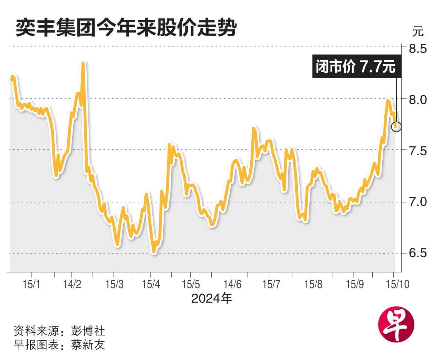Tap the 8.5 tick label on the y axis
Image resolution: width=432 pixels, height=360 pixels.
click(418, 49)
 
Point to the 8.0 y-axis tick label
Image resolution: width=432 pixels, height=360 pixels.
click(418, 100)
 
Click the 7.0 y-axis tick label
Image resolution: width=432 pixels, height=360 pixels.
click(418, 202)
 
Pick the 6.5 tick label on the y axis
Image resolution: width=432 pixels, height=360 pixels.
click(418, 253)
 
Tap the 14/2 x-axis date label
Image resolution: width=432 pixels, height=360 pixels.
click(72, 284)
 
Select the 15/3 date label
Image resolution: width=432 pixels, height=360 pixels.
click(114, 284)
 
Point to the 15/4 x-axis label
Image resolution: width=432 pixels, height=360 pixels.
click(151, 284)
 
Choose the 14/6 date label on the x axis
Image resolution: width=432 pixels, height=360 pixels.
click(232, 284)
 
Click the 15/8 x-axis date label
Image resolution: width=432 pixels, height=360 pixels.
click(313, 284)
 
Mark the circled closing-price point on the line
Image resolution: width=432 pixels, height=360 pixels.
click(396, 127)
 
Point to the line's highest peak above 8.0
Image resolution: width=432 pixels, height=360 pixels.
click(83, 63)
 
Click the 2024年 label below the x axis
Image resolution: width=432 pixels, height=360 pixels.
click(212, 298)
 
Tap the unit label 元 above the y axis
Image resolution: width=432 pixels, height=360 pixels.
click(418, 32)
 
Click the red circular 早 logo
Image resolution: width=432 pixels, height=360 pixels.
click(396, 324)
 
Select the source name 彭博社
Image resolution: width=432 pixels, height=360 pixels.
click(88, 331)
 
